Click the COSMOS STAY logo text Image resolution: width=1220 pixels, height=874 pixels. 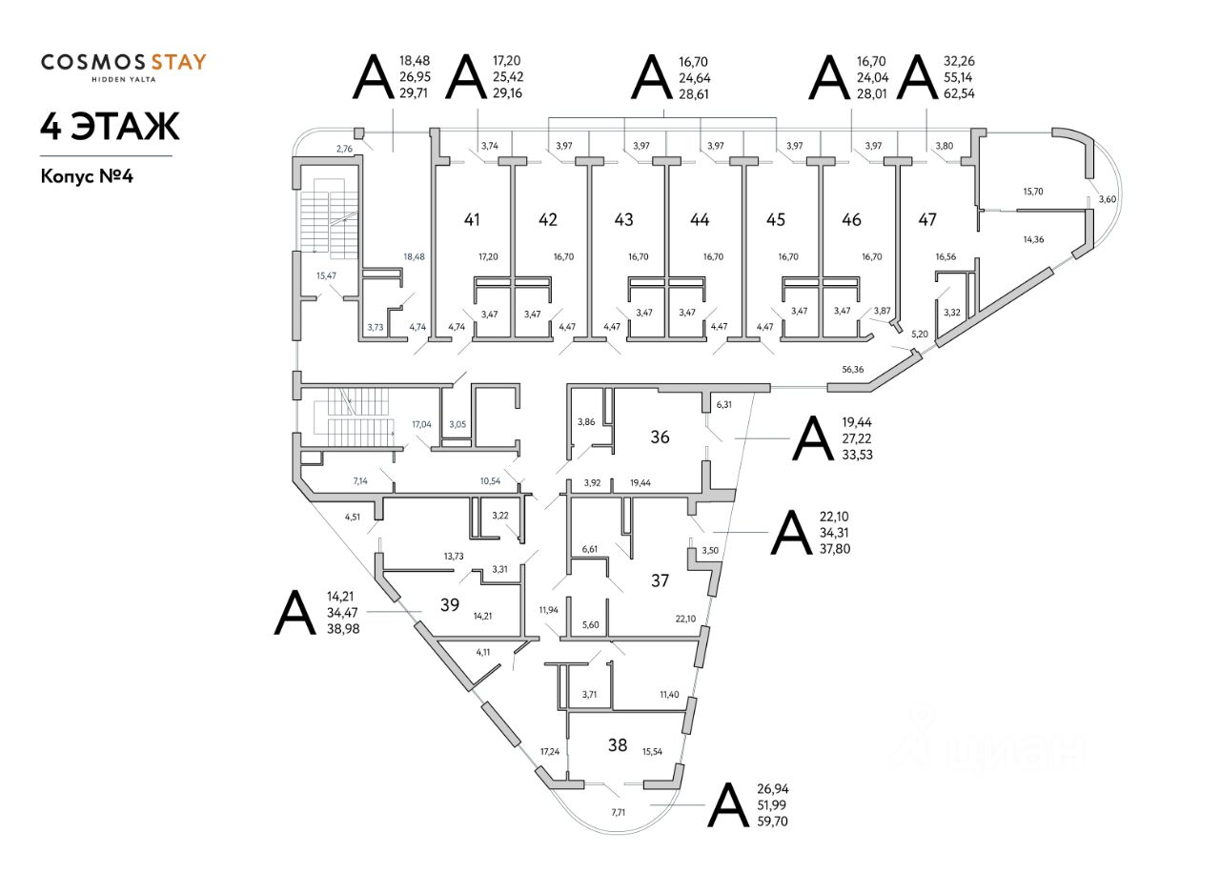[123, 64]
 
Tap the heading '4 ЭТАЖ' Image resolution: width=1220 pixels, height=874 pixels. [110, 127]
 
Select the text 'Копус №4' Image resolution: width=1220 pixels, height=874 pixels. [92, 176]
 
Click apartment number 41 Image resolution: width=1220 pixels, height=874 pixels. [472, 220]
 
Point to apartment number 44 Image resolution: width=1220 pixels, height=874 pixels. [700, 220]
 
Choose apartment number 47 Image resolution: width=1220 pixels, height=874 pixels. [927, 220]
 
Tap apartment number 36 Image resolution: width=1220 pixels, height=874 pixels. [660, 437]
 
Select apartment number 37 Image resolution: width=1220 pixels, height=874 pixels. [660, 580]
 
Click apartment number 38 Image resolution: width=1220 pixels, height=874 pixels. [618, 745]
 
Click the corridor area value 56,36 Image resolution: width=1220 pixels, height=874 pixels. [853, 370]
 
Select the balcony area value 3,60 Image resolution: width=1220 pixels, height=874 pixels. [1107, 199]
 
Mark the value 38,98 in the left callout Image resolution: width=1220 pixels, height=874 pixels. [345, 630]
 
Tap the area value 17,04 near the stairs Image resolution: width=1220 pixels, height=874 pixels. [421, 424]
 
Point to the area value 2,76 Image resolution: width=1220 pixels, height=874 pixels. [344, 149]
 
